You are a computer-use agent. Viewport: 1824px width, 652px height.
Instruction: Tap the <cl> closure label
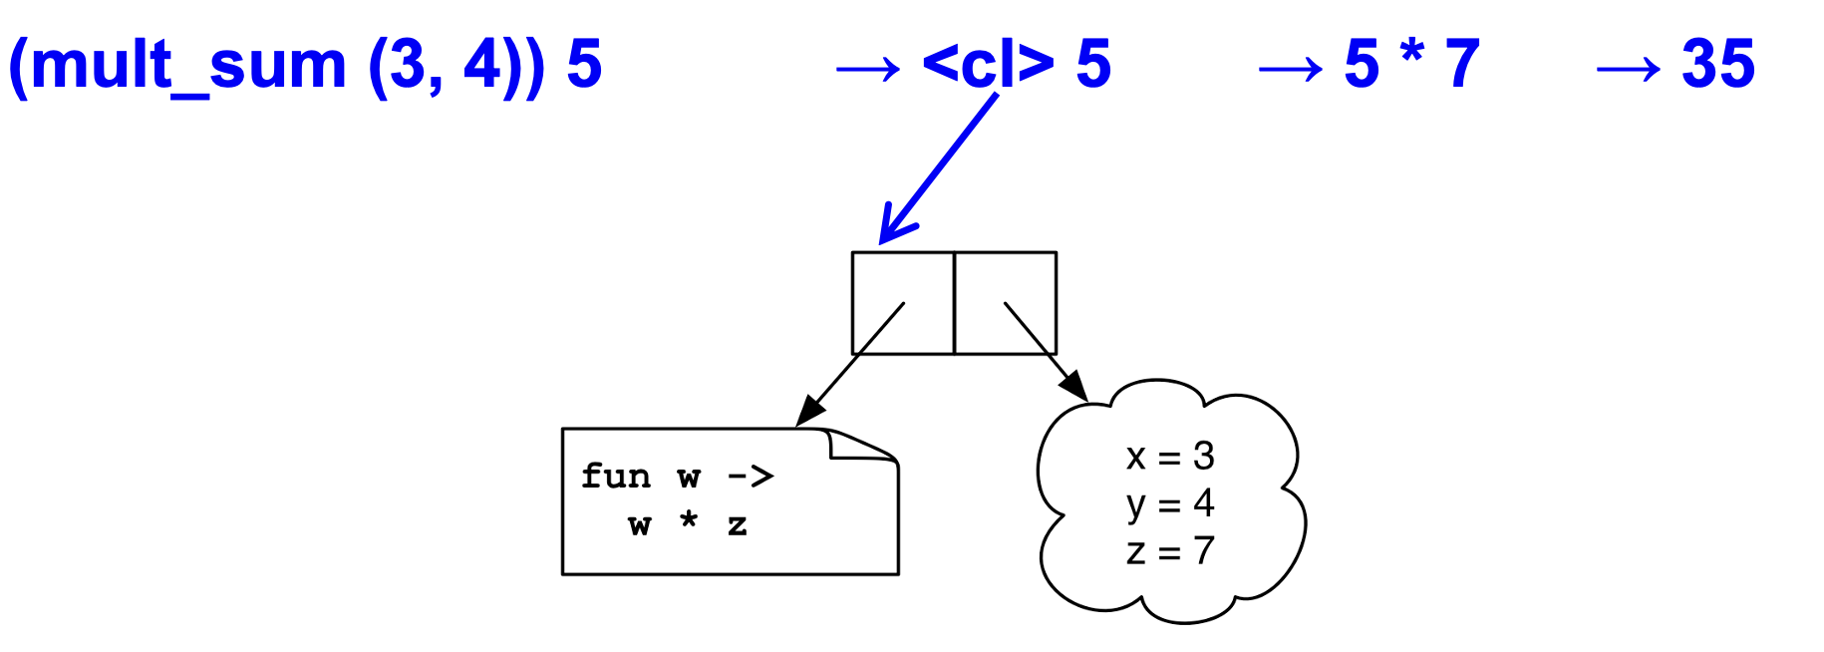click(x=988, y=65)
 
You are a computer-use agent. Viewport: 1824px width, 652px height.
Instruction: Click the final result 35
click(x=1717, y=65)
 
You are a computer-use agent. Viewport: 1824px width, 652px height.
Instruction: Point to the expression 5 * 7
click(x=1411, y=65)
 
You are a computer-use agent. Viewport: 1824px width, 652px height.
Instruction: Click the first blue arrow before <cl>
click(x=867, y=69)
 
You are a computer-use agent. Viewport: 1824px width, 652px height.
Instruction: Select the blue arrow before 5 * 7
click(x=1290, y=69)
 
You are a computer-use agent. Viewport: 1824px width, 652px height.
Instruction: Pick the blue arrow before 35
click(x=1628, y=69)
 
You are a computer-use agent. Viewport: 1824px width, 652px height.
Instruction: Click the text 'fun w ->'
click(x=677, y=477)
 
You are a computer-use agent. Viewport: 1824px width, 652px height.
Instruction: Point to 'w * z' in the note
click(x=687, y=523)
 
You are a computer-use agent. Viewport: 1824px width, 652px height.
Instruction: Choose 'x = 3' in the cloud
click(x=1169, y=457)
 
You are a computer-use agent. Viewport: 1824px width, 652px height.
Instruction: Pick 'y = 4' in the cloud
click(x=1169, y=503)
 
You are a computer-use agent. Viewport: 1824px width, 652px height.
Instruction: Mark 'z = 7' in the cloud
click(x=1169, y=550)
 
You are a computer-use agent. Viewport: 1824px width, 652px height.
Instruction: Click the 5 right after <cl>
click(x=1093, y=65)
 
